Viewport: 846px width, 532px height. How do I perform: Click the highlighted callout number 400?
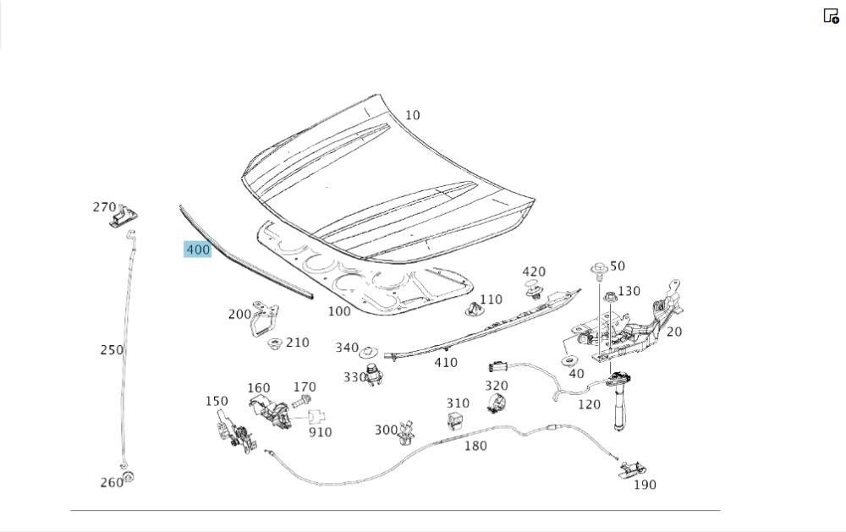pyautogui.click(x=197, y=250)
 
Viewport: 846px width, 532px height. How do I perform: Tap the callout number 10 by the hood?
pyautogui.click(x=412, y=115)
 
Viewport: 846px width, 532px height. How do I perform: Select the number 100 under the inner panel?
pyautogui.click(x=338, y=311)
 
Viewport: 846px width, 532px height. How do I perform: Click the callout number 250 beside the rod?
pyautogui.click(x=112, y=349)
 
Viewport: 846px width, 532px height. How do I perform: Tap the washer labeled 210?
pyautogui.click(x=274, y=344)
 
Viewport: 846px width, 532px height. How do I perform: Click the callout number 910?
pyautogui.click(x=320, y=432)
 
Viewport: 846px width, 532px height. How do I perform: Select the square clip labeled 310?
pyautogui.click(x=457, y=420)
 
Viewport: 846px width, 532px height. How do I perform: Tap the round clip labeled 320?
pyautogui.click(x=497, y=404)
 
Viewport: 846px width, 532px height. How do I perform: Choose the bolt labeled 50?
pyautogui.click(x=599, y=271)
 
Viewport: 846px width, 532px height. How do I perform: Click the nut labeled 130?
pyautogui.click(x=609, y=297)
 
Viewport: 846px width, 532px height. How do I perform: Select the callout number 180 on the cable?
pyautogui.click(x=475, y=446)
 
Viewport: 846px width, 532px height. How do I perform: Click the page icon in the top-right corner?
pyautogui.click(x=831, y=15)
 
